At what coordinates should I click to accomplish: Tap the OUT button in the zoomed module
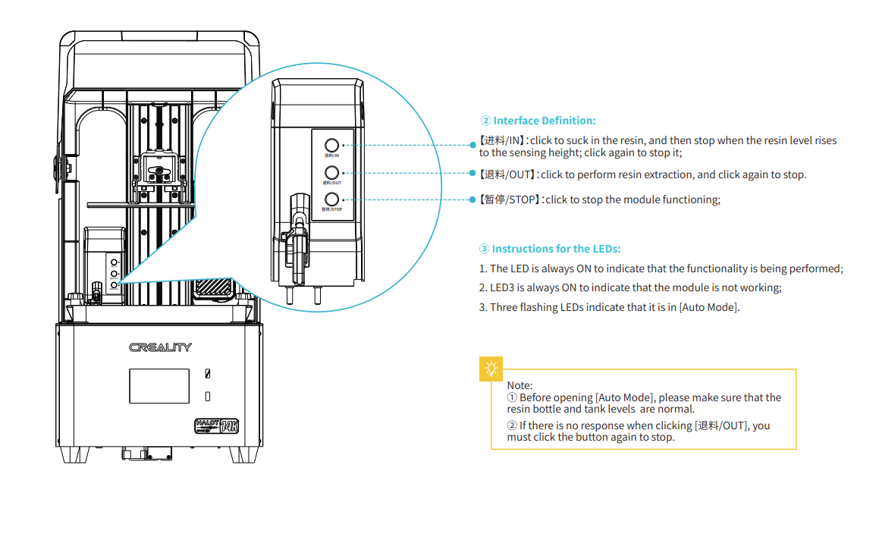[x=331, y=172]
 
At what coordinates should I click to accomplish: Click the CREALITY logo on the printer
[x=160, y=347]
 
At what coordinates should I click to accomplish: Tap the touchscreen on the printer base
[x=159, y=386]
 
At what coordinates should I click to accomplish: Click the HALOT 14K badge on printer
[x=216, y=425]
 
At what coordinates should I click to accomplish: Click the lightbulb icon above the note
[x=491, y=369]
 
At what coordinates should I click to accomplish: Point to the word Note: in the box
[x=520, y=385]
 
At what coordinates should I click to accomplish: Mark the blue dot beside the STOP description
[x=473, y=199]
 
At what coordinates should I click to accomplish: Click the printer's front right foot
[x=244, y=454]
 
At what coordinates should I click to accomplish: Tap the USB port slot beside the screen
[x=208, y=374]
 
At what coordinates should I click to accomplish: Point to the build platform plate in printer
[x=140, y=204]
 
